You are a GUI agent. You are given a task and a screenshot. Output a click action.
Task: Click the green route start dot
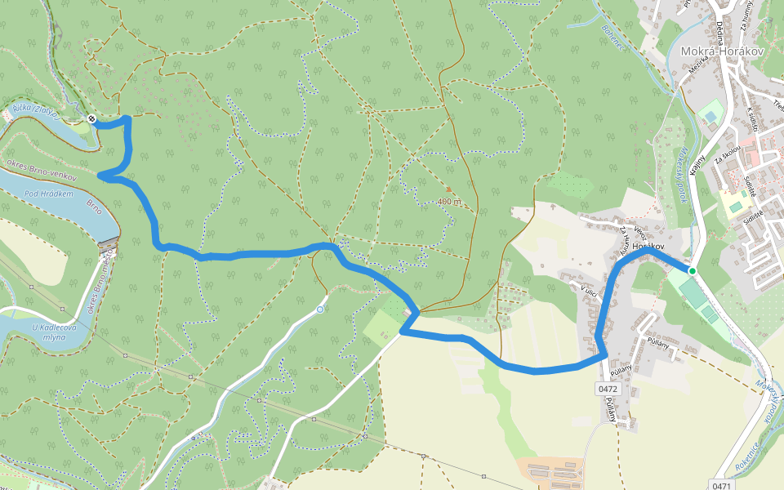tap(692, 270)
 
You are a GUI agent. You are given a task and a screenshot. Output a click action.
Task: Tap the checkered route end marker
tap(91, 120)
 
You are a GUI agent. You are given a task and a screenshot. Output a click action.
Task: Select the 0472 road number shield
tap(608, 389)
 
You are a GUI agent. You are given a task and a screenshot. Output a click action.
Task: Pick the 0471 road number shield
tap(721, 485)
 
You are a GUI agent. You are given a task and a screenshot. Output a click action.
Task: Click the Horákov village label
tap(649, 246)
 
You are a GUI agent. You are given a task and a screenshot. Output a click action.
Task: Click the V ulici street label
tap(590, 291)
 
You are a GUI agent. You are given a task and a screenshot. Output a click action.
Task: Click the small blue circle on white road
tap(320, 310)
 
